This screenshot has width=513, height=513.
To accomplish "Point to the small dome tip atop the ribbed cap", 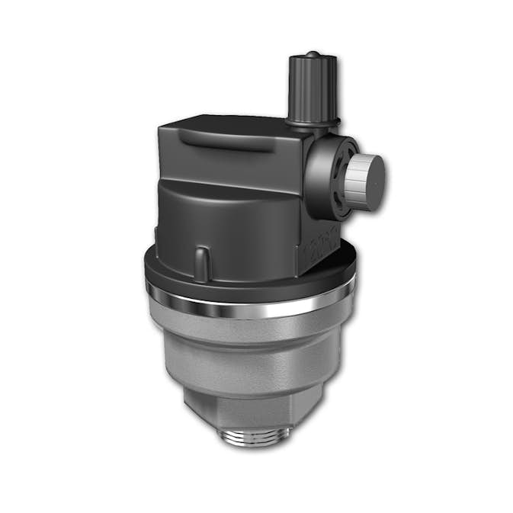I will (x=313, y=55).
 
